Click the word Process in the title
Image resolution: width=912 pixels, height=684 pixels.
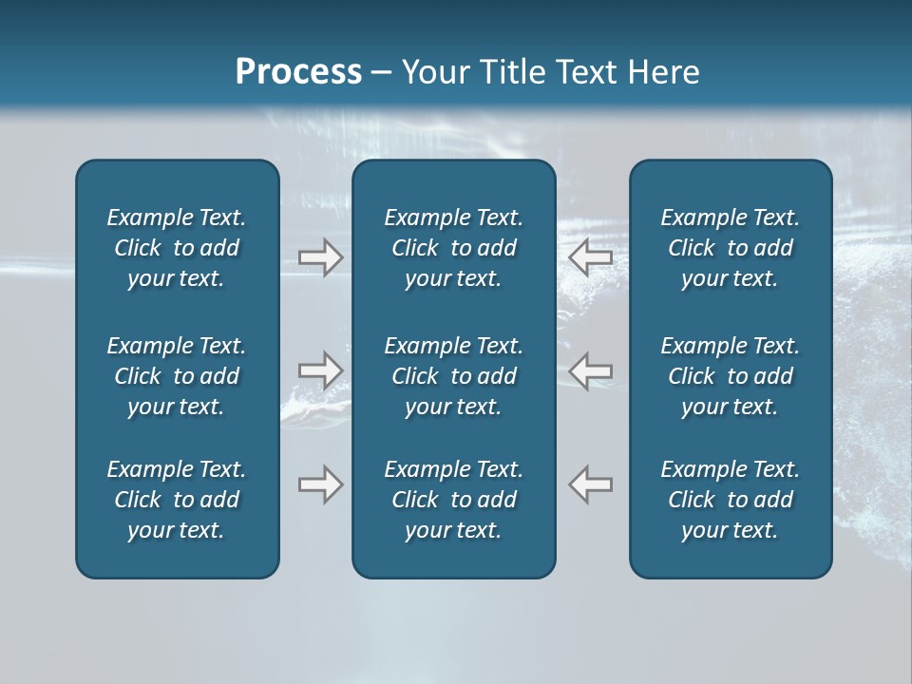pos(298,71)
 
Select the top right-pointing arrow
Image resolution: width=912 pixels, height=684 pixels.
pos(320,257)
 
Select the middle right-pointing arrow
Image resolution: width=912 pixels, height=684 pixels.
pos(320,370)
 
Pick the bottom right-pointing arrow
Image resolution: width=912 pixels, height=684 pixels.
pos(320,484)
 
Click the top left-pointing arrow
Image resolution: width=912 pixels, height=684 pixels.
pos(591,257)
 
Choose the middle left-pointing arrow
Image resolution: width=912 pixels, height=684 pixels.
pos(591,370)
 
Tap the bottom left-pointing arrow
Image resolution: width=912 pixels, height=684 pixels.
pos(591,484)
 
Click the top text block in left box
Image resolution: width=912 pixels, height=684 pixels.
pos(177,248)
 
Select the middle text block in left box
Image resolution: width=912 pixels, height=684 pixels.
pos(177,376)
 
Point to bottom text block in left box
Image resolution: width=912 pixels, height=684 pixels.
pos(177,500)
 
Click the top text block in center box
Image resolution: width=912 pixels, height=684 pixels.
pos(453,248)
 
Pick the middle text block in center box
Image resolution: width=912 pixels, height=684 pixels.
pos(453,376)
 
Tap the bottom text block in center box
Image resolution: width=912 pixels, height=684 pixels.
pos(453,500)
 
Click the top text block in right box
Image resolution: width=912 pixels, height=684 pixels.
pos(730,248)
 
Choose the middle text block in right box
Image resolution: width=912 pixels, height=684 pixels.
pos(730,376)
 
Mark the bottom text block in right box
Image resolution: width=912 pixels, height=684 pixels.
pos(730,500)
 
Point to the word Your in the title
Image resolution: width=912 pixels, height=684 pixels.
pos(433,71)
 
